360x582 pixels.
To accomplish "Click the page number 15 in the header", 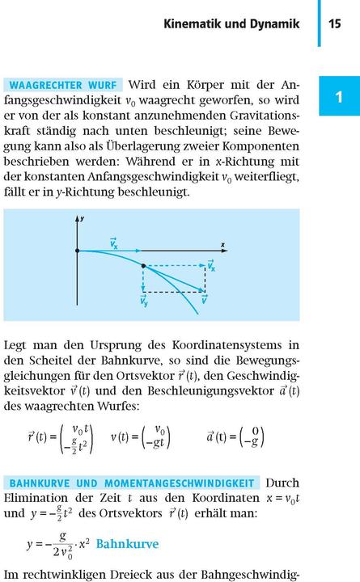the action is click(x=335, y=25).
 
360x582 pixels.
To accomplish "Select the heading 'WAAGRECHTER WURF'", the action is click(x=64, y=85).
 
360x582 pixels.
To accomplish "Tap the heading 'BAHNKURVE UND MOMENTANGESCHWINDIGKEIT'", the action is click(x=133, y=483).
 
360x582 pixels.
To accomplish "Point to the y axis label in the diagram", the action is click(x=83, y=219).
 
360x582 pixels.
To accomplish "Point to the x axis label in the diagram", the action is click(x=222, y=243).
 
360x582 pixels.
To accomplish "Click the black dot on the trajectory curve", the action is click(x=143, y=265).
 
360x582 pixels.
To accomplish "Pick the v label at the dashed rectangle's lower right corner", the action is click(x=205, y=301).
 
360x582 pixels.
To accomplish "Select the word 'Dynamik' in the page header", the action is click(x=277, y=25).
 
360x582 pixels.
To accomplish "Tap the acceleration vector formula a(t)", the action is click(x=235, y=436).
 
